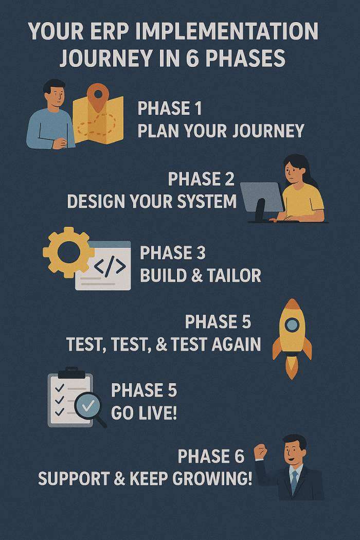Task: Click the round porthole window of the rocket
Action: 292,325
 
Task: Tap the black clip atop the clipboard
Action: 71,372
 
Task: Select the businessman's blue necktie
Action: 294,482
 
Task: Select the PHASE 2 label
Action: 201,179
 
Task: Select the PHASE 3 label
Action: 173,253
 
